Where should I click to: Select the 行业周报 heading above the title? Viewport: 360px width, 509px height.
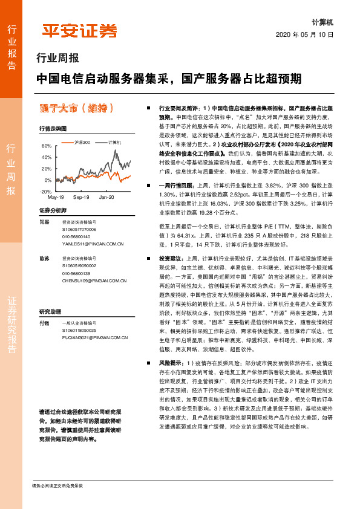[58, 59]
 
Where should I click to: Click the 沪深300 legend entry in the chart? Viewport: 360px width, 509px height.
[82, 142]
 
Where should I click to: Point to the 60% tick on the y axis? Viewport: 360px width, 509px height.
[47, 146]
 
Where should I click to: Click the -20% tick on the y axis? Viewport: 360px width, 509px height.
[46, 191]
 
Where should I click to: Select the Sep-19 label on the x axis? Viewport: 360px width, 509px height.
[81, 197]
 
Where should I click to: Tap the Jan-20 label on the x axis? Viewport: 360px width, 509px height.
[107, 197]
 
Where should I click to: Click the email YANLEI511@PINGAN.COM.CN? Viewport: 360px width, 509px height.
[93, 244]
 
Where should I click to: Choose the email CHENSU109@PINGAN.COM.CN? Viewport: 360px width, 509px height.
[93, 280]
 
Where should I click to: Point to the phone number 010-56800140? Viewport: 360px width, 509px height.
[76, 236]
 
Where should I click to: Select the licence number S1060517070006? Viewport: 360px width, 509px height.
[79, 230]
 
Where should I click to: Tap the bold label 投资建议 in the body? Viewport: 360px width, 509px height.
[171, 258]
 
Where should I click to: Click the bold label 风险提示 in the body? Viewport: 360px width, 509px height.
[171, 363]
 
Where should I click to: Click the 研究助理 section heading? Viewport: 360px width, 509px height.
[50, 311]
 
